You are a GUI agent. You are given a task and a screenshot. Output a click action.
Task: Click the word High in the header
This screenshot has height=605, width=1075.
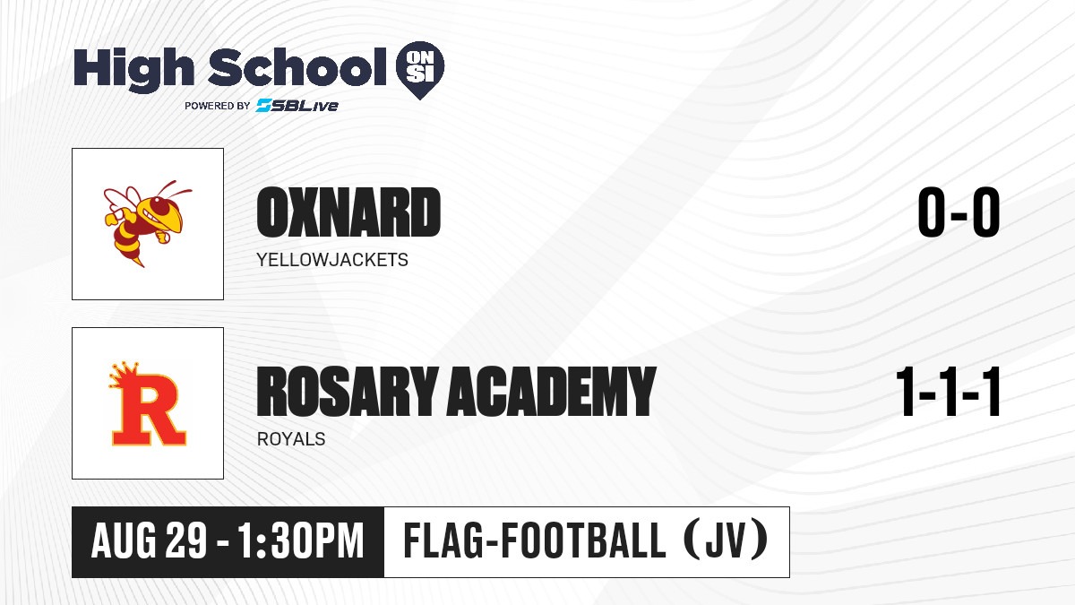click(x=133, y=68)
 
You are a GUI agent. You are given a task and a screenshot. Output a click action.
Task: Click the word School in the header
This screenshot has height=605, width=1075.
click(x=297, y=67)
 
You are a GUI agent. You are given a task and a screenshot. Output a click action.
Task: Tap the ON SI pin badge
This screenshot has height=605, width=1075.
click(x=420, y=70)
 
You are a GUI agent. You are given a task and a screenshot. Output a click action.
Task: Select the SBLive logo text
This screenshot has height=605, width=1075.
click(x=297, y=105)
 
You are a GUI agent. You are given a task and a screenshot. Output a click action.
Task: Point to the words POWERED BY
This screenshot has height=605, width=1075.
click(x=218, y=106)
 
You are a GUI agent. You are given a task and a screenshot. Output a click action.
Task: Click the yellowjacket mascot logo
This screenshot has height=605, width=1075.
click(x=148, y=223)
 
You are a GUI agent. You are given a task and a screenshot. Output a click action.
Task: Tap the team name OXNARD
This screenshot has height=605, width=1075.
click(x=348, y=212)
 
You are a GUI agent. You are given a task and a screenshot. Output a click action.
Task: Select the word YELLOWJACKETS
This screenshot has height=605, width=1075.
click(x=332, y=260)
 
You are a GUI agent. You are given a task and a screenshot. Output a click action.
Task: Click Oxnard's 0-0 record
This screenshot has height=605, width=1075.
click(x=959, y=212)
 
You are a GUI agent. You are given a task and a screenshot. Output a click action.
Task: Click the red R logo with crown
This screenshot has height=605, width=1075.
click(x=148, y=403)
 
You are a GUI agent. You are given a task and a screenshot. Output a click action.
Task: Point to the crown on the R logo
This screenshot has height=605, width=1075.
click(x=124, y=375)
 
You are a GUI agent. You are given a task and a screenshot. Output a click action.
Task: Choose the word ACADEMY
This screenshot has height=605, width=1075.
click(x=552, y=391)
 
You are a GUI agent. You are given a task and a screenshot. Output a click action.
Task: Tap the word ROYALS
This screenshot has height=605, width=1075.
click(x=291, y=439)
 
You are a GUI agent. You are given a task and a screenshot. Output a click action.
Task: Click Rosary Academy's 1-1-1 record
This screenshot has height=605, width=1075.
click(x=949, y=392)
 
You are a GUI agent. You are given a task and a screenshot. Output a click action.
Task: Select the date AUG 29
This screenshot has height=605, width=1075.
click(x=149, y=541)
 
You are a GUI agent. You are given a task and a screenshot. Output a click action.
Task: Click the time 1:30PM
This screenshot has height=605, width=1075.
click(x=301, y=541)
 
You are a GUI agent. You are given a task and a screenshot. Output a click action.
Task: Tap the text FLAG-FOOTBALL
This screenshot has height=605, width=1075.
click(x=535, y=540)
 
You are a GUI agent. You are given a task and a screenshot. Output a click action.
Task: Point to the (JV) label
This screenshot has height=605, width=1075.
click(x=725, y=540)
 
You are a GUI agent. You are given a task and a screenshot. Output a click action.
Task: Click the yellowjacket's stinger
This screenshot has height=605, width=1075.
click(x=139, y=262)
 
